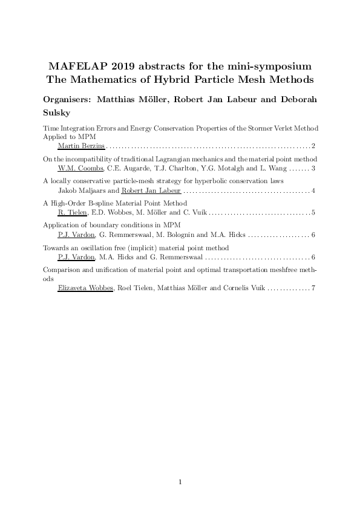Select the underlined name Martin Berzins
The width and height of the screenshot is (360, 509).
(81, 146)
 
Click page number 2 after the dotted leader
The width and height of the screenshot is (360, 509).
(312, 146)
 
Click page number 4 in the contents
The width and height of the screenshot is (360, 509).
(312, 190)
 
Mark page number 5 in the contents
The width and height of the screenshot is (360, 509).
(312, 212)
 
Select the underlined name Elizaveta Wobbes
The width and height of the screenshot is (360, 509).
(85, 288)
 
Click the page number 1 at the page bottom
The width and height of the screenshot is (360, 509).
(180, 482)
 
